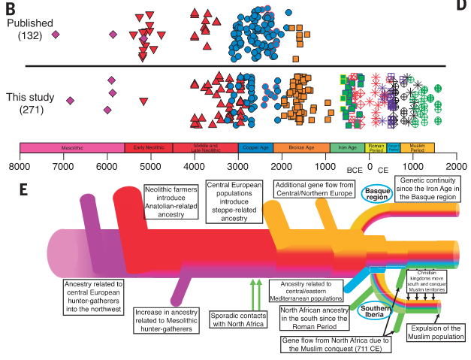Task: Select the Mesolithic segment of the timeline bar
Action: coord(72,148)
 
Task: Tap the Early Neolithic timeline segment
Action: coord(148,148)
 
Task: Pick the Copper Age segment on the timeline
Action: coord(255,148)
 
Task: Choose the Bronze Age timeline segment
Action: coord(300,148)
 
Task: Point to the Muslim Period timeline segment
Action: coord(417,148)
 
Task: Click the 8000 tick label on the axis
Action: coord(20,165)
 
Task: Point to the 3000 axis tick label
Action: coord(238,165)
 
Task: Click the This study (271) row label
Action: coord(30,104)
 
